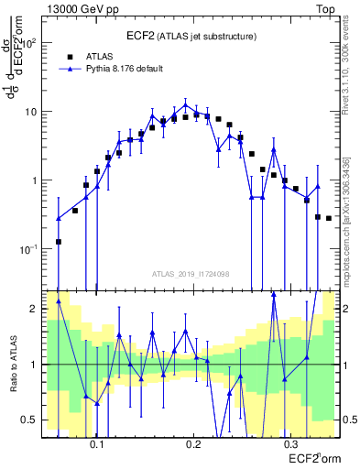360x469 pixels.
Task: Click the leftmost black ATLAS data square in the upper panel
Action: [59, 242]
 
